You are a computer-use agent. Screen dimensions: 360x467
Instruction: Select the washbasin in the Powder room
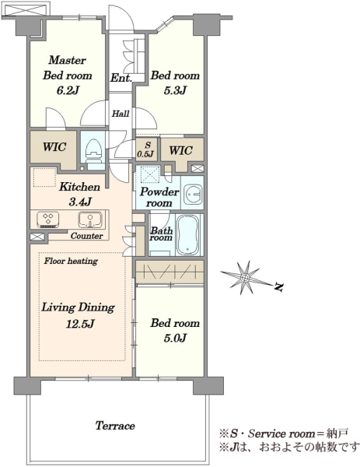tap(193, 194)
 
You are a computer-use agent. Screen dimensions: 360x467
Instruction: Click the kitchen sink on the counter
tap(90, 219)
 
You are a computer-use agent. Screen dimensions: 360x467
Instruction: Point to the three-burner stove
tap(48, 219)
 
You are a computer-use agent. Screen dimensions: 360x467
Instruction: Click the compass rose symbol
tap(246, 278)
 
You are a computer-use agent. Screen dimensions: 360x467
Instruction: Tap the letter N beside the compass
tap(279, 287)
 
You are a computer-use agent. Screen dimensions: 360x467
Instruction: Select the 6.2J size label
tap(68, 90)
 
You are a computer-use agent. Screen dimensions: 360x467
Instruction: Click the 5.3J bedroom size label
tap(175, 90)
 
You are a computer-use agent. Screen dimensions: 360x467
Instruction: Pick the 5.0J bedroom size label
tap(175, 338)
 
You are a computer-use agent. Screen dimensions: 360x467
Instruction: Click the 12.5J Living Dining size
tap(80, 324)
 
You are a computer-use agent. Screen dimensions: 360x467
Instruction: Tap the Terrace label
tap(115, 426)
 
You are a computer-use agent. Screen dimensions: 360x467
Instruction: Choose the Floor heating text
tap(71, 262)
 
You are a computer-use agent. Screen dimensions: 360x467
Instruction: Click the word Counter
tap(86, 236)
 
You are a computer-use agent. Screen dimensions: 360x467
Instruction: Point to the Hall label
tap(121, 114)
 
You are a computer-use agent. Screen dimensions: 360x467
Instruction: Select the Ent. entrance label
tap(121, 78)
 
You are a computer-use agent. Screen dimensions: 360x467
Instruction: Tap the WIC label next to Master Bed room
tap(54, 147)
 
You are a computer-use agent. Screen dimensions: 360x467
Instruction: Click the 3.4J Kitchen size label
tap(80, 202)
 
